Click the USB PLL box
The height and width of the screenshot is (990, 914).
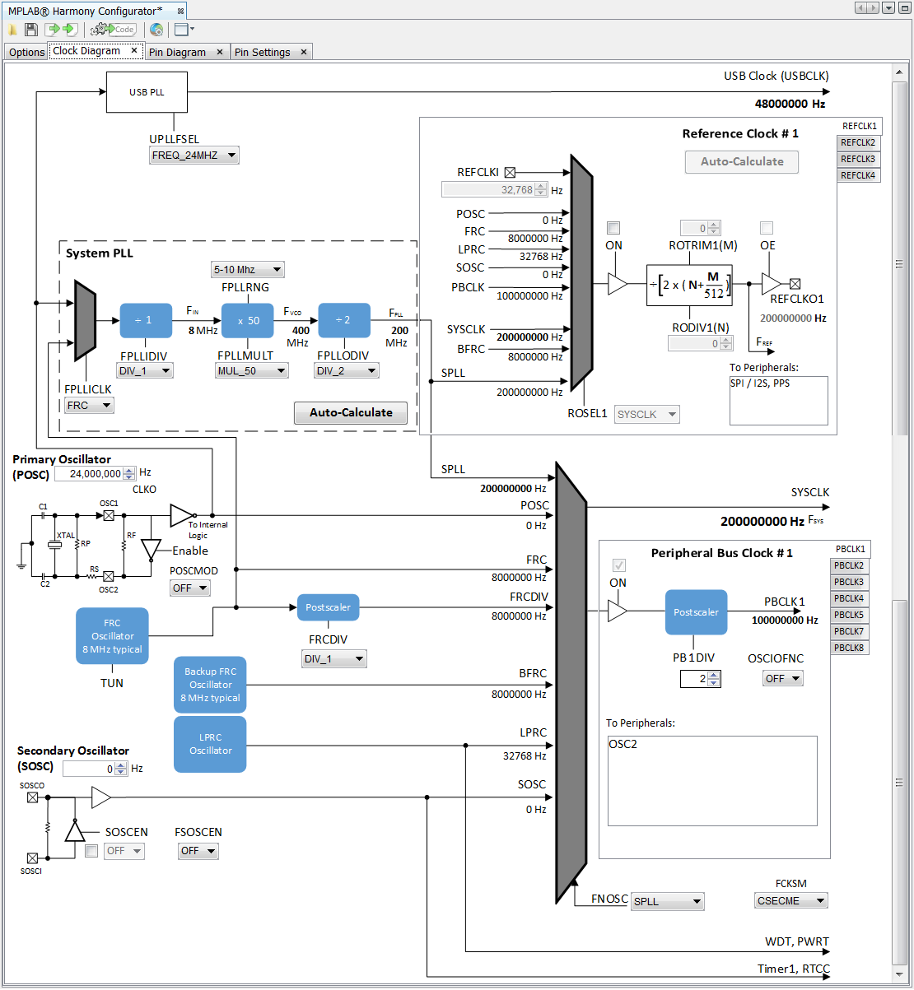pos(147,92)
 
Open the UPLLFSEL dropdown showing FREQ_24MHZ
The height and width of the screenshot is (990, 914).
pos(194,156)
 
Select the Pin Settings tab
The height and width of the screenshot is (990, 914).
pos(270,52)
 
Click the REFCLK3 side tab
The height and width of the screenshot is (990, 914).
pos(857,159)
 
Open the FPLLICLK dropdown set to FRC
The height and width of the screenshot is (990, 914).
pos(89,405)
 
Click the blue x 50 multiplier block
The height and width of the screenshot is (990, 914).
pos(246,321)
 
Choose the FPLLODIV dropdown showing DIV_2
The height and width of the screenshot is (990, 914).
pos(346,371)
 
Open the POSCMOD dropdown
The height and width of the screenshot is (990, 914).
pos(189,588)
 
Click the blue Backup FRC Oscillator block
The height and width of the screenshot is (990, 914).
pos(210,685)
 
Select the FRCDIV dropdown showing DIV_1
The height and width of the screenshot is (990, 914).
pos(333,659)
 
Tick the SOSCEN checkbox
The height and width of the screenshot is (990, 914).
pos(91,851)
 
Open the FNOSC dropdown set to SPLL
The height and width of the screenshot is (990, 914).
pos(668,902)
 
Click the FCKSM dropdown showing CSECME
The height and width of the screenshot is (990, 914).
pos(790,901)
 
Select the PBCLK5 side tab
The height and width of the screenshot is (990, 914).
pos(848,615)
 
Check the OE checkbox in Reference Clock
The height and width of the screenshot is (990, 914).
pos(767,228)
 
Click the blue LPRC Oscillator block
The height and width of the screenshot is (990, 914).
pos(210,744)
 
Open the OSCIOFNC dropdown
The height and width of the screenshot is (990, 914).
pos(782,679)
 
